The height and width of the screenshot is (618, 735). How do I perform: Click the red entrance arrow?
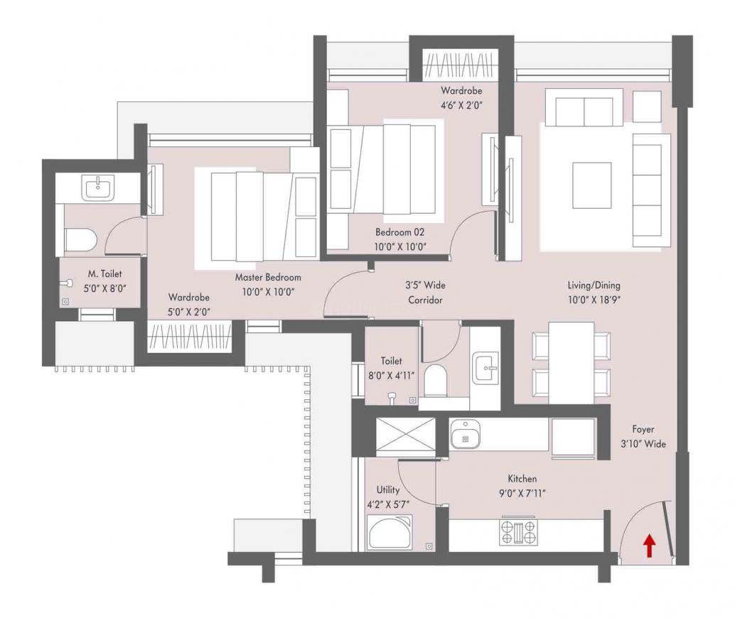click(x=649, y=546)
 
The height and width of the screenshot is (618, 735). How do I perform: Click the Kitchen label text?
click(x=522, y=478)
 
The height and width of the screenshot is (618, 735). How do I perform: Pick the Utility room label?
click(x=388, y=489)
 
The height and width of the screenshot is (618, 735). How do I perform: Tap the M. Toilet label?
click(x=105, y=273)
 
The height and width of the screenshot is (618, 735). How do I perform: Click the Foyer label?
click(x=643, y=429)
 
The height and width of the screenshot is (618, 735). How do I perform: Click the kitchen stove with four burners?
click(x=518, y=532)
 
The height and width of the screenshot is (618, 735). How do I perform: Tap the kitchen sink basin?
click(x=466, y=434)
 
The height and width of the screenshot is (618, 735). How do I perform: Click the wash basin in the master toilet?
click(x=98, y=187)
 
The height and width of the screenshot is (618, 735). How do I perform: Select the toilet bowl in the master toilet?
click(x=80, y=239)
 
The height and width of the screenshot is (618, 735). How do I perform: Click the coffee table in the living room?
click(x=591, y=185)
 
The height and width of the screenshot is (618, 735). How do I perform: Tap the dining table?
click(x=572, y=363)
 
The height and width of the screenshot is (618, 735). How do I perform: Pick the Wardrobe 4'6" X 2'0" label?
click(x=461, y=97)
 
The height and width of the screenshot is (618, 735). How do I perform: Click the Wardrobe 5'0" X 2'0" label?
click(x=188, y=304)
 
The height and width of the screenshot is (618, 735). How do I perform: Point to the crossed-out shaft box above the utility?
click(x=406, y=436)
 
